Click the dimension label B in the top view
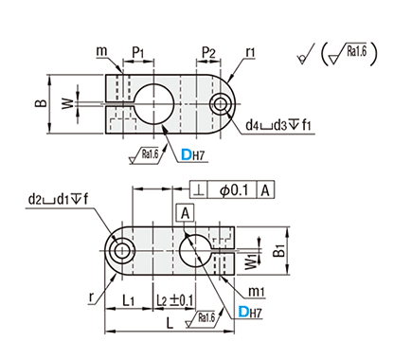point(41,103)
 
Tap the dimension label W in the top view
point(67,103)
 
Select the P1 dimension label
point(138,52)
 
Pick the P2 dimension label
point(208,52)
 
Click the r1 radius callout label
point(251,52)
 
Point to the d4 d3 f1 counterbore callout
point(278,125)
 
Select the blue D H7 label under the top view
point(193,154)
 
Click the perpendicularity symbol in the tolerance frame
point(199,190)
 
